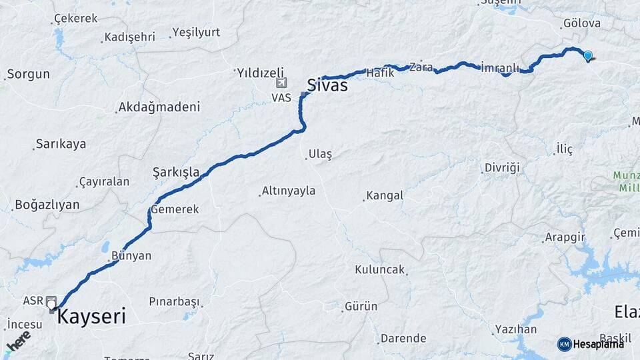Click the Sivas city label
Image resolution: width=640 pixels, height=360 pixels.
[x=327, y=85]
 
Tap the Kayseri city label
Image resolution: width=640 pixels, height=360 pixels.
[x=91, y=316]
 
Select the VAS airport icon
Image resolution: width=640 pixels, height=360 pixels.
[x=281, y=84]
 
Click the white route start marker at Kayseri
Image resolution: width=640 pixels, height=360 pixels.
[x=52, y=305]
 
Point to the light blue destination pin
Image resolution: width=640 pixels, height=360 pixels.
[x=588, y=56]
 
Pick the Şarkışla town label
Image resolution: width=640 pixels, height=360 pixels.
[x=176, y=172]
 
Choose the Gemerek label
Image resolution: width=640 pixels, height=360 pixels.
[x=175, y=209]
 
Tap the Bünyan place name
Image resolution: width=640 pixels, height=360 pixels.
[x=131, y=255]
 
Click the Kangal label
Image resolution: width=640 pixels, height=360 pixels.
[x=385, y=195]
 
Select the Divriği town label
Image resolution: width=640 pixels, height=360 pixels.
[x=501, y=167]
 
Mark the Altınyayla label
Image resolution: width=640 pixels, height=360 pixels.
[x=288, y=191]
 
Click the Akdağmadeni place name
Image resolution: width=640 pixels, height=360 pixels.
[x=159, y=107]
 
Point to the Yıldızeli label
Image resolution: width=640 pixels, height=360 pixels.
[x=261, y=73]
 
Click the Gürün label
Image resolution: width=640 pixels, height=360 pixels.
[x=361, y=307]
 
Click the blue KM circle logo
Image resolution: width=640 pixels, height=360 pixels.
[x=564, y=344]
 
